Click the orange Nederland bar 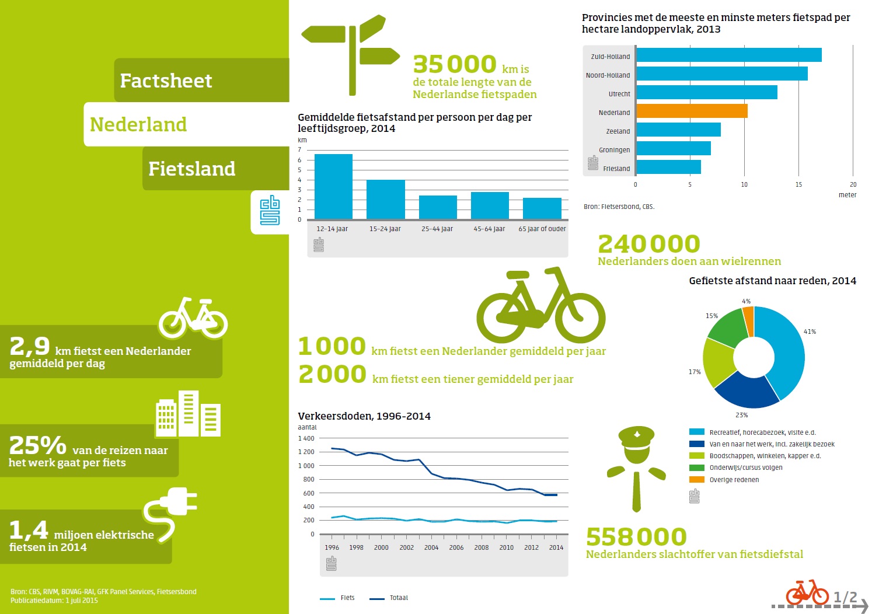pos(692,111)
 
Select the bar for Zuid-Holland pos(728,55)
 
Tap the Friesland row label pos(616,169)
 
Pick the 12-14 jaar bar pos(333,186)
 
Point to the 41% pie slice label pos(810,332)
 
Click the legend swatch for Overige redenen pos(696,480)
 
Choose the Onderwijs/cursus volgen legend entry pos(745,468)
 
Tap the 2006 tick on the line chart pos(456,547)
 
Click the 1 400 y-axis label pos(306,438)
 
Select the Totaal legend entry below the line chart pos(399,598)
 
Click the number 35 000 pos(455,64)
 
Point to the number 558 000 pos(636,537)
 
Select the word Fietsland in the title pos(191,169)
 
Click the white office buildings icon pos(188,414)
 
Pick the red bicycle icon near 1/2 pos(807,593)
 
